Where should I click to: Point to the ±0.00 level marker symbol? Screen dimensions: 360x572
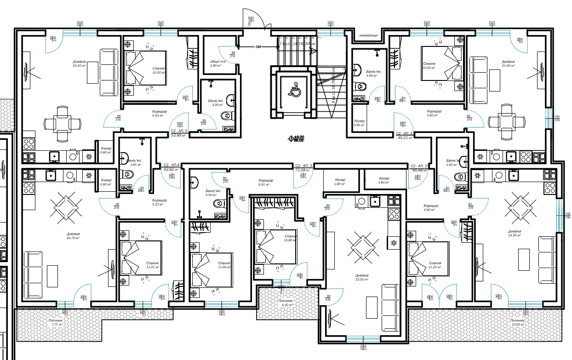tap(291, 138)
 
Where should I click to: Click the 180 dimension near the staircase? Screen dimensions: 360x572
tap(258, 47)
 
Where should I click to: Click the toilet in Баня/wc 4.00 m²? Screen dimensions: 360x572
tap(222, 202)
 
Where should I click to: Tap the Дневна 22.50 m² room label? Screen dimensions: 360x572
tap(362, 277)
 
